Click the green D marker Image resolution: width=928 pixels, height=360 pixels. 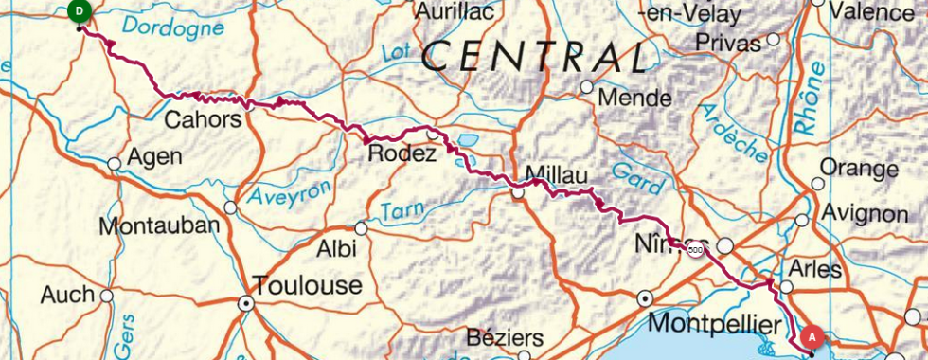point(80,11)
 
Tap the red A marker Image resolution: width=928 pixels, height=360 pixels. point(811,336)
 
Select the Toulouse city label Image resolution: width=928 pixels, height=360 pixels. point(306,285)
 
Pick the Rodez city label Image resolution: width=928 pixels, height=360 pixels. point(402,154)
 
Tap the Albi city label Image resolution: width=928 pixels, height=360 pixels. point(337,249)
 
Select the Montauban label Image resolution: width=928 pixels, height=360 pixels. point(159,226)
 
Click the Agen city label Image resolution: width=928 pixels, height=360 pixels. point(153,156)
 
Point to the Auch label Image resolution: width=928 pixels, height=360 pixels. point(67,296)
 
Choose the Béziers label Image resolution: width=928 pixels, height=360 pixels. point(505,338)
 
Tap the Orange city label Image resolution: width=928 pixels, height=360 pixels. point(859,170)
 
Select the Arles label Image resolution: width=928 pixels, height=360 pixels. point(814,269)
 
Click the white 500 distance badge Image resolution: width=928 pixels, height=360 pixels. point(696,250)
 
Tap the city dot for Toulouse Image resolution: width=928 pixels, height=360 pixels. point(247,305)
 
